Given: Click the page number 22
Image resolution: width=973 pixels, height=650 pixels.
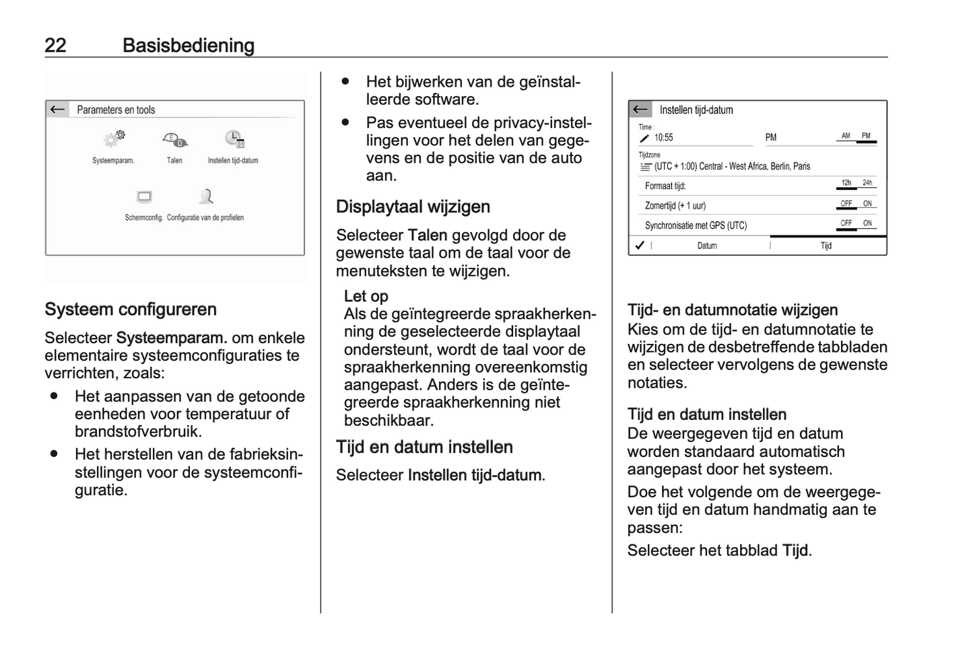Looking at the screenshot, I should click(55, 45).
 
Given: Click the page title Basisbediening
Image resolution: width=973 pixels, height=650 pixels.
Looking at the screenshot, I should click(189, 45).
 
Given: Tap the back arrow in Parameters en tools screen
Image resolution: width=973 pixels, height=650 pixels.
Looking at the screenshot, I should click(58, 109).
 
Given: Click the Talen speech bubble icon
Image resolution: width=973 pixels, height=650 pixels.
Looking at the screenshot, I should click(174, 140).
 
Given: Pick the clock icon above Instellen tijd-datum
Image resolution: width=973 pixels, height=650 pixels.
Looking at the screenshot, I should click(234, 139).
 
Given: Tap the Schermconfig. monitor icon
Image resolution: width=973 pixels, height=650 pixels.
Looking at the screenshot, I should click(144, 196).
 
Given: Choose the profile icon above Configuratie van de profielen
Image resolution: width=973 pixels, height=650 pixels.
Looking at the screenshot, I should click(206, 196).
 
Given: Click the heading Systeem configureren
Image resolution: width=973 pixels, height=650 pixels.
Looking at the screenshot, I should click(131, 310).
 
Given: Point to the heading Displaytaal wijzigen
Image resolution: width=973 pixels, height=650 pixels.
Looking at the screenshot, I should click(413, 207).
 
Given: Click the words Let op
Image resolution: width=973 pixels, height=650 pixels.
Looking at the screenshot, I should click(366, 296).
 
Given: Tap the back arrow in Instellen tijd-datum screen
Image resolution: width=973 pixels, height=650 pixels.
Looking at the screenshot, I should click(640, 109).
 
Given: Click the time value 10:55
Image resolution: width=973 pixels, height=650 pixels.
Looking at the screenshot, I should click(663, 137).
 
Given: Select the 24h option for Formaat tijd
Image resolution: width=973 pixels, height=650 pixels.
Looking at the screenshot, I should click(867, 183).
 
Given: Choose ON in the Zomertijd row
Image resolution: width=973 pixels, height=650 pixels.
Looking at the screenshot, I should click(867, 204).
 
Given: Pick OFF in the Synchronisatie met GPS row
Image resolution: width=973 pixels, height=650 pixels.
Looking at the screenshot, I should click(846, 223).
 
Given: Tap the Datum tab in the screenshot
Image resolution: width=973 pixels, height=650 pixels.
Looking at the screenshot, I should click(707, 246).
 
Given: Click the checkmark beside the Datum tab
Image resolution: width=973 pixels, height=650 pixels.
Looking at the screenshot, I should click(640, 246).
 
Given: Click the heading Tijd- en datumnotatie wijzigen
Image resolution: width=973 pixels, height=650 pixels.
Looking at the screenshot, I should click(733, 310).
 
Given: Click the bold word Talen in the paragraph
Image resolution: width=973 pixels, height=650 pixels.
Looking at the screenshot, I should click(428, 236).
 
